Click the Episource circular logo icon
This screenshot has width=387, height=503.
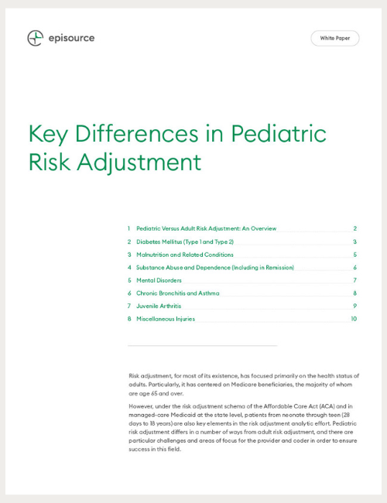35,38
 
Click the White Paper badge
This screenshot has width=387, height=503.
334,38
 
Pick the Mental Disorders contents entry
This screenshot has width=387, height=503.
159,280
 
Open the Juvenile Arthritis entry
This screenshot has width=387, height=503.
159,306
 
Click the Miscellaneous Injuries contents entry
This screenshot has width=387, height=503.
166,319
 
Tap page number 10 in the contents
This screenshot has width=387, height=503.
353,319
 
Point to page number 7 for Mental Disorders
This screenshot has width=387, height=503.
354,280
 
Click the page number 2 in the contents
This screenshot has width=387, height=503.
354,229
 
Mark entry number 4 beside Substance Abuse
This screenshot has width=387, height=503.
129,268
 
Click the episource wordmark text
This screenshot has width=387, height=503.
71,38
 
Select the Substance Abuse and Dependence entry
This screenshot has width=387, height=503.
215,268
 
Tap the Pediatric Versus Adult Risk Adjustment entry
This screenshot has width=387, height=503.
206,229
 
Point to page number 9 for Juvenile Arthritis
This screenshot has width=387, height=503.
354,306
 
